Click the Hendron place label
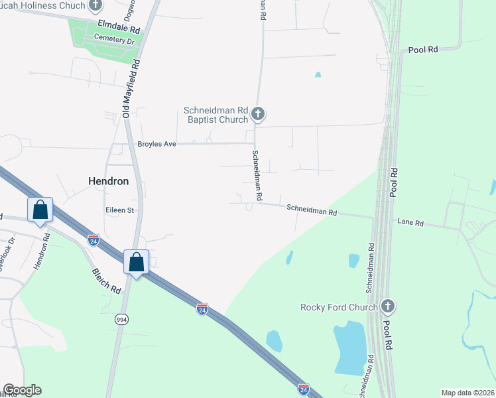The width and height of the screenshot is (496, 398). (x=108, y=180)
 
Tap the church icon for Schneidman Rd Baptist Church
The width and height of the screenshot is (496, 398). (x=259, y=115)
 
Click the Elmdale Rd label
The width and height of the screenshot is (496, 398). (x=119, y=29)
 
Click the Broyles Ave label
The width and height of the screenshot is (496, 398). (x=156, y=143)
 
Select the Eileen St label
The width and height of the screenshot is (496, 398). (x=120, y=210)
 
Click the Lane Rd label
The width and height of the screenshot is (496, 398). (x=410, y=223)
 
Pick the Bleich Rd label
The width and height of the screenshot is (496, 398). (x=107, y=281)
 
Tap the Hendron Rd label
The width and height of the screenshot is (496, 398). (x=42, y=251)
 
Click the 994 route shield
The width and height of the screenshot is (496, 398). (x=121, y=319)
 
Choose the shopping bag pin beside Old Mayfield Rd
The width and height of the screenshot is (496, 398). (x=136, y=262)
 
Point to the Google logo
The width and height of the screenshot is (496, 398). (x=22, y=390)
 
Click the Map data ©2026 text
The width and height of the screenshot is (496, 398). (x=467, y=393)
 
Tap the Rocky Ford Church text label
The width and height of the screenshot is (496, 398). (x=339, y=307)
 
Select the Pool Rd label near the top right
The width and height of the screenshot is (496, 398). (x=424, y=50)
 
